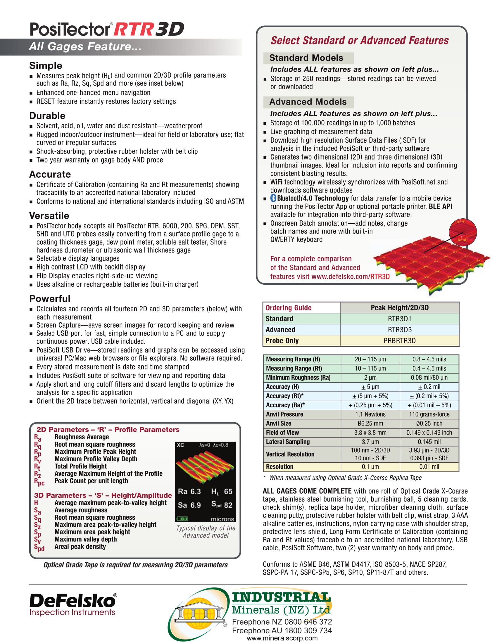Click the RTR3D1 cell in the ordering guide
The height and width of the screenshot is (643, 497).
pos(399,319)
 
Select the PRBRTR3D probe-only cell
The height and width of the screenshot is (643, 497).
pos(399,340)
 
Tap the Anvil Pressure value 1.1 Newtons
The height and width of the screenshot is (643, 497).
pos(370,414)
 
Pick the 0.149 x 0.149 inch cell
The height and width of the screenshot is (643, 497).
pos(429,433)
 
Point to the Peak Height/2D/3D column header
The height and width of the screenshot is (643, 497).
pos(399,308)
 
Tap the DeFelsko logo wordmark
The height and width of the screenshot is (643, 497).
pos(73,601)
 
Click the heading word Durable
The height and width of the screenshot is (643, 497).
pos(47,116)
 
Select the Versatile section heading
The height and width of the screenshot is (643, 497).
pos(49,216)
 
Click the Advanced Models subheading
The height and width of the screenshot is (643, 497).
pos(308,102)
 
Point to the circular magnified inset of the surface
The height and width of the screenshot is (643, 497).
pos(463,232)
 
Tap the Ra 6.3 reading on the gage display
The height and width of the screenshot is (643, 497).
pos(189,491)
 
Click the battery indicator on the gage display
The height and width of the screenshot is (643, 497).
pos(182,518)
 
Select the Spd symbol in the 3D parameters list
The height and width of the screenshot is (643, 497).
pos(39,547)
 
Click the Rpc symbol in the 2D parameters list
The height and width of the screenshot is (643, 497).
pos(39,482)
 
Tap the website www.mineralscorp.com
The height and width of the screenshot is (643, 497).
pos(282,638)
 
